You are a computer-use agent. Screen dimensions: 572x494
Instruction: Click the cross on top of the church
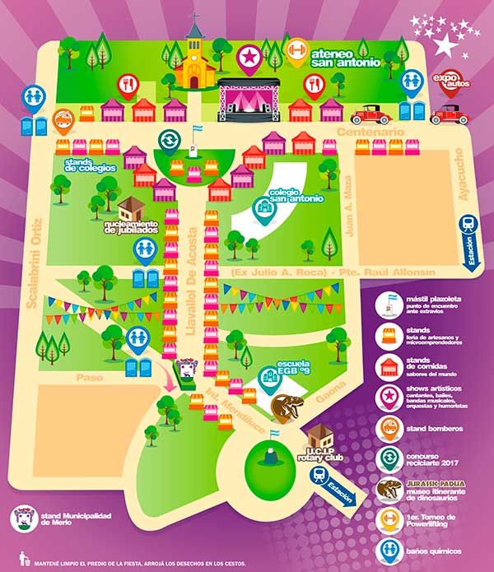pos(195,18)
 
